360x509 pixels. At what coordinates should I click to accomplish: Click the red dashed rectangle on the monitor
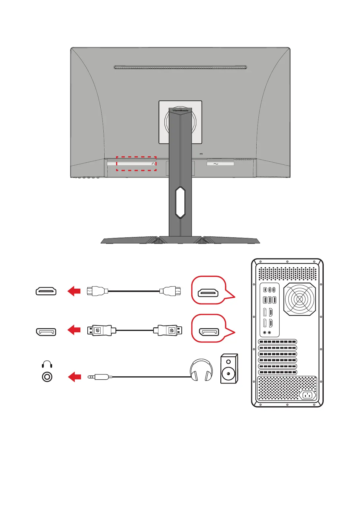(136, 164)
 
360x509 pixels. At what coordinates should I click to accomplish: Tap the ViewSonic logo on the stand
(180, 111)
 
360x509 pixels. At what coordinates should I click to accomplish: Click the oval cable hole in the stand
(180, 202)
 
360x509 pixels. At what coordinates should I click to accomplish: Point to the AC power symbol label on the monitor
(216, 164)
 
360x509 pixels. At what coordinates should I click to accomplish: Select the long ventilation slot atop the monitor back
(180, 67)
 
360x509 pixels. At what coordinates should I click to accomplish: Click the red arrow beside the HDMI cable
(74, 291)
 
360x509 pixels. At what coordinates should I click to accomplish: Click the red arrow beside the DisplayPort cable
(74, 330)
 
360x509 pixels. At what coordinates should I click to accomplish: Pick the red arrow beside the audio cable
(74, 377)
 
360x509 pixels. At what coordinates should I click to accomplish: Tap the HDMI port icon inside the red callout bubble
(208, 293)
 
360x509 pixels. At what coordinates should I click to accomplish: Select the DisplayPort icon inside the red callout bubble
(209, 332)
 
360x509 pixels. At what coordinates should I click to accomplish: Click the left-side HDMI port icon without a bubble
(46, 291)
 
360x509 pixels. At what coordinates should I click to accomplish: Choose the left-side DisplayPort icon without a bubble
(46, 332)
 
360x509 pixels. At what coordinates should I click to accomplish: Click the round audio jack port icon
(47, 377)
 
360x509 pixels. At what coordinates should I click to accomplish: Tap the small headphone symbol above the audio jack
(47, 364)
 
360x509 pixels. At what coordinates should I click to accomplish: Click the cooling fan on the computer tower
(300, 299)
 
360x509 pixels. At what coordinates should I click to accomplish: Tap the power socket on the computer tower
(308, 395)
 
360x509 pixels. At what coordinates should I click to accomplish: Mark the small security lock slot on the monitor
(202, 154)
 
